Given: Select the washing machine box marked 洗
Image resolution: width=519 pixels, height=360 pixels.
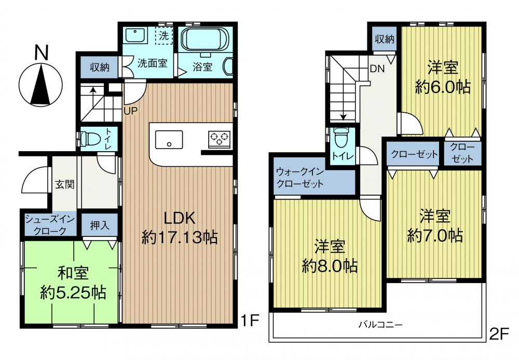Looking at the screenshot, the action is [164, 35].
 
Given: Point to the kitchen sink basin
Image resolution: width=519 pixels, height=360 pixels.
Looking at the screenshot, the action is [169, 140].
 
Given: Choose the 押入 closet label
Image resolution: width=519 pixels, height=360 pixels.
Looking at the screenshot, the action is [100, 225].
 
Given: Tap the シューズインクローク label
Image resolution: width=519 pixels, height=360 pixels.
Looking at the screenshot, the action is [50, 225].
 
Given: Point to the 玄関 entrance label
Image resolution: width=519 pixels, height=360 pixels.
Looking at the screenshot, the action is [64, 184].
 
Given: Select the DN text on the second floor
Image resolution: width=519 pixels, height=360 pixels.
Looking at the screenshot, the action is [377, 69].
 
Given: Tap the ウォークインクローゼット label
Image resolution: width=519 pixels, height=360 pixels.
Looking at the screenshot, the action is [300, 178].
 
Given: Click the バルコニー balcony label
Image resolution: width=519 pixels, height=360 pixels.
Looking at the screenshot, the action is [381, 324].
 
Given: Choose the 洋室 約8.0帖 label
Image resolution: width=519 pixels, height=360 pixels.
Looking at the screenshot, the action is [330, 256].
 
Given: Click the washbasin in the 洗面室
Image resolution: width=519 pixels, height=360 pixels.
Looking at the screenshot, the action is [135, 35].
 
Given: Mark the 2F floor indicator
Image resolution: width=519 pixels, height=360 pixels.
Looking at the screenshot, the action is [498, 335].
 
